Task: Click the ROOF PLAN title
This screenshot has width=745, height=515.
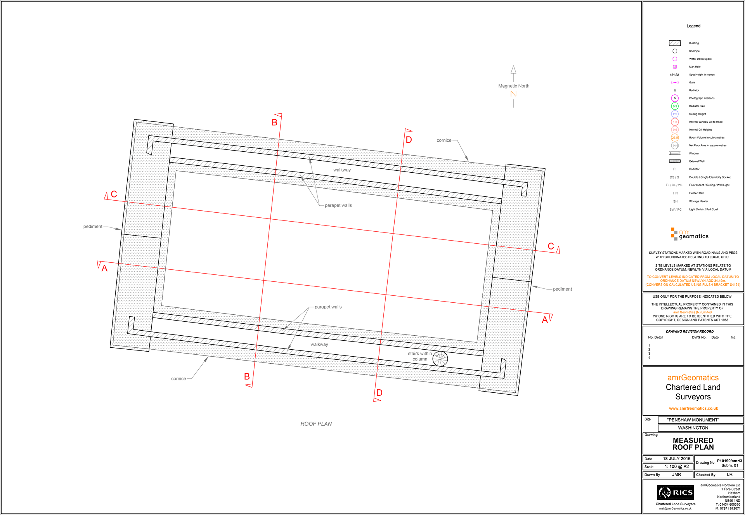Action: click(316, 424)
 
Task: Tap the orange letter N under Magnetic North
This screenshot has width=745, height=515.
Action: click(513, 94)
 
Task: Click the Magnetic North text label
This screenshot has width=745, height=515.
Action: click(513, 86)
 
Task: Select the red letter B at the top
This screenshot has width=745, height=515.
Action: click(274, 123)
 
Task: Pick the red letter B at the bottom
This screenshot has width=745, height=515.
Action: click(247, 376)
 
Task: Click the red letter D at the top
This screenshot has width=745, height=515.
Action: click(409, 140)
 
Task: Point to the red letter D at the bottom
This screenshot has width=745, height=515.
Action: click(379, 393)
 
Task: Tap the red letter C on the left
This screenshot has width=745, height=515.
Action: click(114, 194)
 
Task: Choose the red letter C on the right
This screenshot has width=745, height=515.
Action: click(551, 246)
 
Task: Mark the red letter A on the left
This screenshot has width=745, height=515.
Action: click(104, 268)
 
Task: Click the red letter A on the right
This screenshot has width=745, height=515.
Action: click(545, 320)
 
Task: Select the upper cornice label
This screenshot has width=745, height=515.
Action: click(444, 140)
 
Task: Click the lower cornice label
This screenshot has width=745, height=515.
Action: click(178, 378)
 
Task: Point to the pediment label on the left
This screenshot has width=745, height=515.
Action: click(93, 226)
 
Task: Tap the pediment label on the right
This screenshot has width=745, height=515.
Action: click(562, 289)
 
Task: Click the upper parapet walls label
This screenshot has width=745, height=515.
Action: click(338, 205)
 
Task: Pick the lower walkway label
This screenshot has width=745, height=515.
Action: click(319, 344)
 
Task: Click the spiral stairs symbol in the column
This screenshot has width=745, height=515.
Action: click(440, 359)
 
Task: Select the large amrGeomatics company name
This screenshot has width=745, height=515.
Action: click(693, 378)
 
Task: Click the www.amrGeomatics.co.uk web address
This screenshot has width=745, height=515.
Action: click(693, 408)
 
